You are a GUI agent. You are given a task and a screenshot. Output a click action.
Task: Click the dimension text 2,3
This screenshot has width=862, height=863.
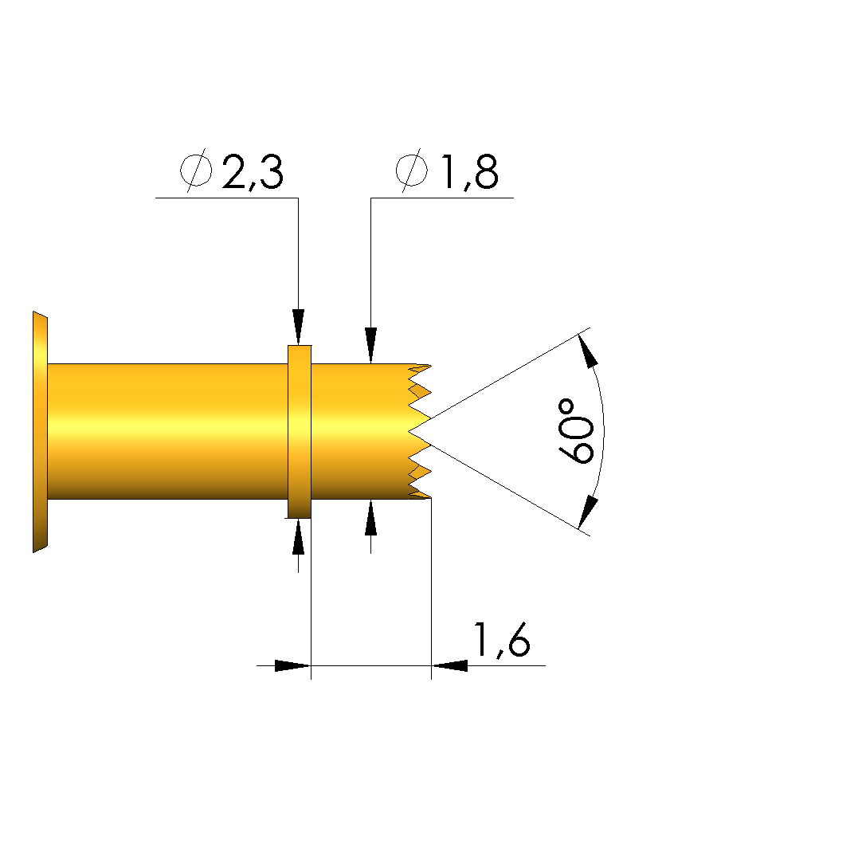[253, 172]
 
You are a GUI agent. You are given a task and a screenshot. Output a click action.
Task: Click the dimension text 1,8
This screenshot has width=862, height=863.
[470, 172]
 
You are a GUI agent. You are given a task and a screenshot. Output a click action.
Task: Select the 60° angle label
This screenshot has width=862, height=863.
[575, 432]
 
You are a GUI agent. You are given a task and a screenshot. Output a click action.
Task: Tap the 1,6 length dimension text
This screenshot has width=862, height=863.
[501, 640]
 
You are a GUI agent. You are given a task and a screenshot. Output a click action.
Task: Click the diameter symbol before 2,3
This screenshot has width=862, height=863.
[197, 170]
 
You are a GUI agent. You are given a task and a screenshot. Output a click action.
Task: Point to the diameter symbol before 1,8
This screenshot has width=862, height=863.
[411, 170]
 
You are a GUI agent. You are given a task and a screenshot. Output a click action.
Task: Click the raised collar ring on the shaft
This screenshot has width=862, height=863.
[300, 432]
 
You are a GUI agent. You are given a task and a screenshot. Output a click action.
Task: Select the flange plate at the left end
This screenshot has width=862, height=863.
[40, 432]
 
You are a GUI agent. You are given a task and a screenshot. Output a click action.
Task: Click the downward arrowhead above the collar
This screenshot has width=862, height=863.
[298, 327]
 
